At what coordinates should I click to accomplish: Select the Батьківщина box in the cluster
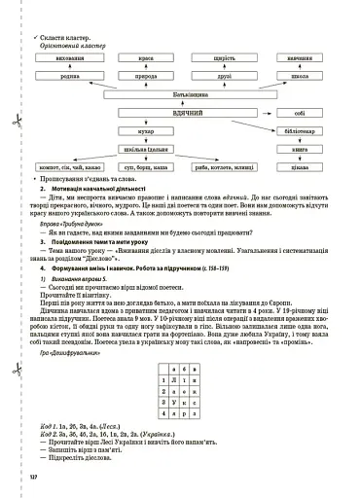178,92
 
